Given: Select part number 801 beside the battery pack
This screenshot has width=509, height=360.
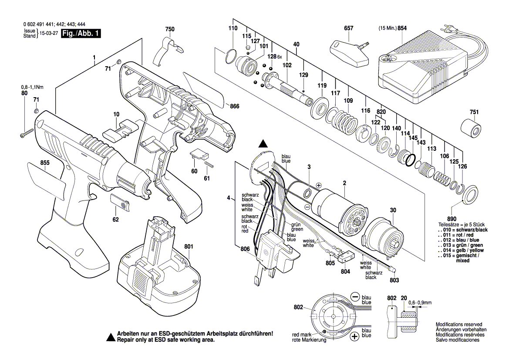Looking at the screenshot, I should click(189, 247).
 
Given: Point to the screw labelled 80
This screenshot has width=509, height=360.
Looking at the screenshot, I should click(27, 133).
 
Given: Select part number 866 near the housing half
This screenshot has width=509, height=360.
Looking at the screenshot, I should click(235, 106).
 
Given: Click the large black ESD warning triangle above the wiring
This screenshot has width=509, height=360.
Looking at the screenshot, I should click(263, 144).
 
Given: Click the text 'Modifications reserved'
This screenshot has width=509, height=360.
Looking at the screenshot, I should click(458, 325).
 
